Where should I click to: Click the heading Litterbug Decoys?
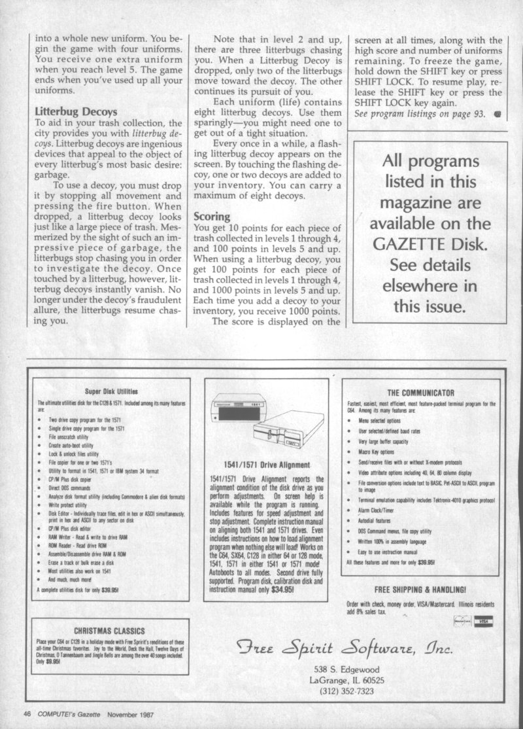(x=76, y=111)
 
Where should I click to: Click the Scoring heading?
(x=212, y=215)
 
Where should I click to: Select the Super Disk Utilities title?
(x=110, y=391)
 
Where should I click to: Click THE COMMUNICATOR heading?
(x=420, y=393)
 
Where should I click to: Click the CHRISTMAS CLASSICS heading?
(x=109, y=631)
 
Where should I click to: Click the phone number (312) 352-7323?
(x=347, y=690)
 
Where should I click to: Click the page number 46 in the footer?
(x=27, y=713)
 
